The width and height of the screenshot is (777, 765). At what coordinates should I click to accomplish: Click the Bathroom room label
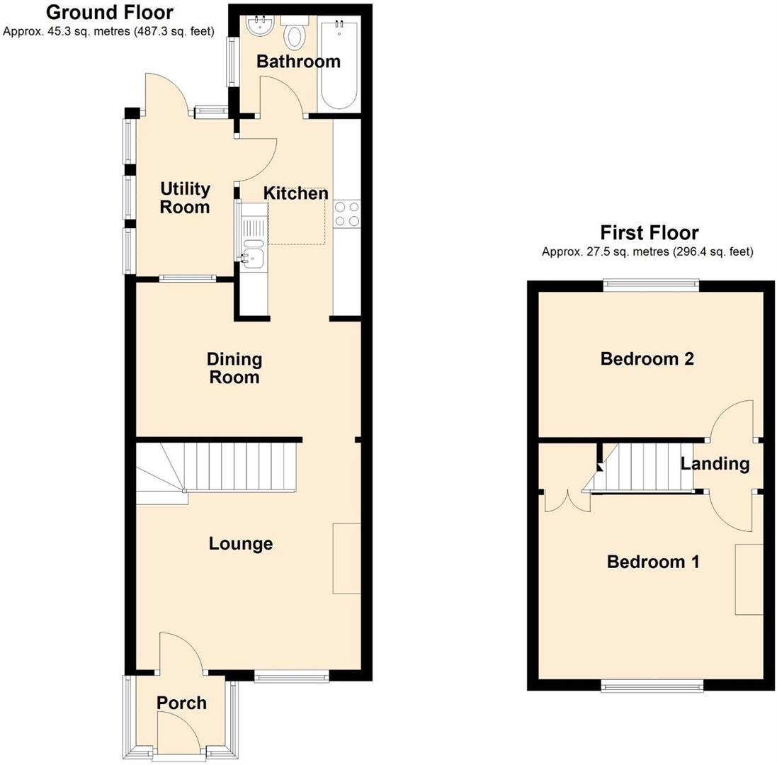tap(298, 62)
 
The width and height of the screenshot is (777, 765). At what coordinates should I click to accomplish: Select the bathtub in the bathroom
tap(339, 65)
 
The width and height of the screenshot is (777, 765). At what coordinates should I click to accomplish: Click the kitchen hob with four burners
tap(346, 214)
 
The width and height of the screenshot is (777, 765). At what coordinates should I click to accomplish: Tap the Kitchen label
tap(296, 193)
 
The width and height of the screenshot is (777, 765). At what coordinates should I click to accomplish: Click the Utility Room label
tap(185, 198)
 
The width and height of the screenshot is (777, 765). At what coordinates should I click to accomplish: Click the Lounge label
tap(241, 543)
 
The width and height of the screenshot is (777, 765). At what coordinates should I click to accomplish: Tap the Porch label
tap(181, 703)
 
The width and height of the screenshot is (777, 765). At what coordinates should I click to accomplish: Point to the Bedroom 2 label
tap(647, 358)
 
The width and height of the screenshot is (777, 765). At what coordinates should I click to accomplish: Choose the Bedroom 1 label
tap(653, 562)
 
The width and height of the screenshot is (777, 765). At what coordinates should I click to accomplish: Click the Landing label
tap(714, 463)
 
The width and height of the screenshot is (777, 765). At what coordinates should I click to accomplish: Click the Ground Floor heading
tap(109, 12)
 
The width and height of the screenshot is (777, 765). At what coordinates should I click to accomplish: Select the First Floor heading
tap(649, 232)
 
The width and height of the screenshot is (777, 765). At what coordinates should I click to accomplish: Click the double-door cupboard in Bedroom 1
tap(567, 500)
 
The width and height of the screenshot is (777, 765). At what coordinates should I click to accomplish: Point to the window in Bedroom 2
tap(651, 285)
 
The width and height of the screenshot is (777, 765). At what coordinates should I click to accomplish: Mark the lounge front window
tap(292, 677)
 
